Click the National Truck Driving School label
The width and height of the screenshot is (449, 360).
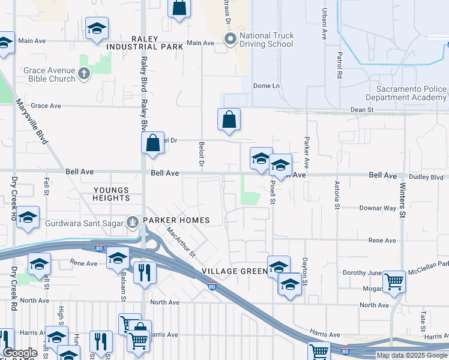[x=267, y=40]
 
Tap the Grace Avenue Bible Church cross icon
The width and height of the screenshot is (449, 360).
[x=85, y=74]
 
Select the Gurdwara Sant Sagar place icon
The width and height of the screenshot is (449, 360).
[x=131, y=220]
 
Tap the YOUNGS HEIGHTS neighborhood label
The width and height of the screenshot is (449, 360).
[x=111, y=194]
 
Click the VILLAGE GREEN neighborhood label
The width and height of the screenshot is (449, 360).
[x=234, y=271]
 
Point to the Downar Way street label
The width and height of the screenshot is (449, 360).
[x=378, y=208]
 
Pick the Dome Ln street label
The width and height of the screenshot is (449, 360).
[x=267, y=86]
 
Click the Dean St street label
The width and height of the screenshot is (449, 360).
[x=362, y=110]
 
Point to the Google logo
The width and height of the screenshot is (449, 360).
[x=20, y=353]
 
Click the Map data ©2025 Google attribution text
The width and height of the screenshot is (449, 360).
[x=412, y=355]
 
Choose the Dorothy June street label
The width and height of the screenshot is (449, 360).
[x=362, y=272]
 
